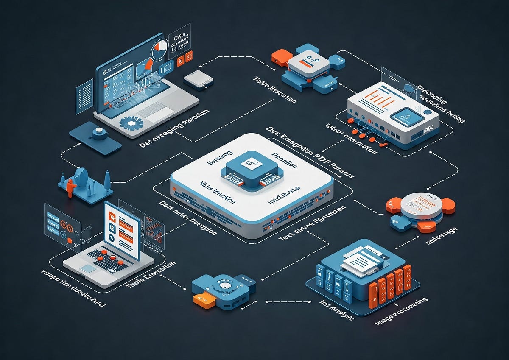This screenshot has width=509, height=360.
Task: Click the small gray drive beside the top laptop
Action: click(x=198, y=79)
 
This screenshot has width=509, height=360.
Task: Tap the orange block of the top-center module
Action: click(x=282, y=57)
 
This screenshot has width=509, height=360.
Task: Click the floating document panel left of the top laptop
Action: click(x=84, y=95)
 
